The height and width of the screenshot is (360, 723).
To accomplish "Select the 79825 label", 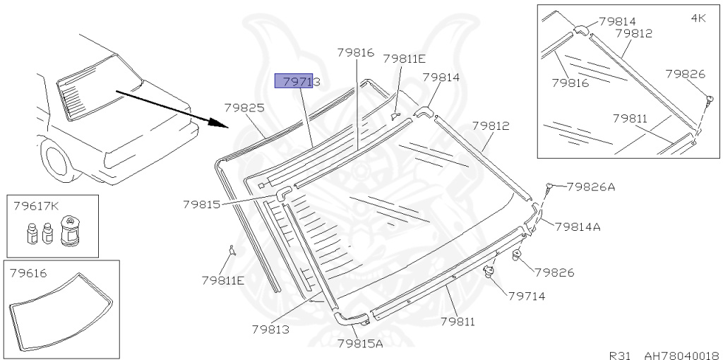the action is pyautogui.click(x=244, y=108).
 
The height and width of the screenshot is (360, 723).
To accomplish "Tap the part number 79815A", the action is pyautogui.click(x=360, y=343).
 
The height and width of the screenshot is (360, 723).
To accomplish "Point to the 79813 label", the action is pyautogui.click(x=270, y=330).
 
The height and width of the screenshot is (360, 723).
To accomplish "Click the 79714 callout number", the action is pyautogui.click(x=527, y=296).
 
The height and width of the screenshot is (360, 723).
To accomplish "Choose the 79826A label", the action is pyautogui.click(x=591, y=186).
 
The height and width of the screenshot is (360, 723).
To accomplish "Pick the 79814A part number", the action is pyautogui.click(x=578, y=227).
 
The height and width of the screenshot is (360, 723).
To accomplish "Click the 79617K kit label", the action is pyautogui.click(x=36, y=205).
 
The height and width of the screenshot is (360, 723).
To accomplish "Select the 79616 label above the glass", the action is pyautogui.click(x=28, y=273).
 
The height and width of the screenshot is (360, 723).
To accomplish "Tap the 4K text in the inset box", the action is pyautogui.click(x=698, y=18).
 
